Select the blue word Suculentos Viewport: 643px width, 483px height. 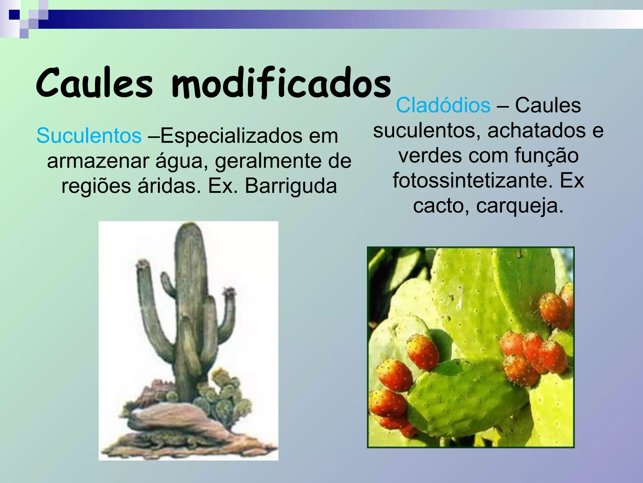(89, 136)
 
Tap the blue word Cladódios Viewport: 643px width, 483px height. (443, 105)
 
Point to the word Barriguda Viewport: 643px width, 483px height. (291, 186)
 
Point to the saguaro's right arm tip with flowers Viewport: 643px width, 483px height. (230, 292)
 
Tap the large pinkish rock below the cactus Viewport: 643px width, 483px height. (170, 418)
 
